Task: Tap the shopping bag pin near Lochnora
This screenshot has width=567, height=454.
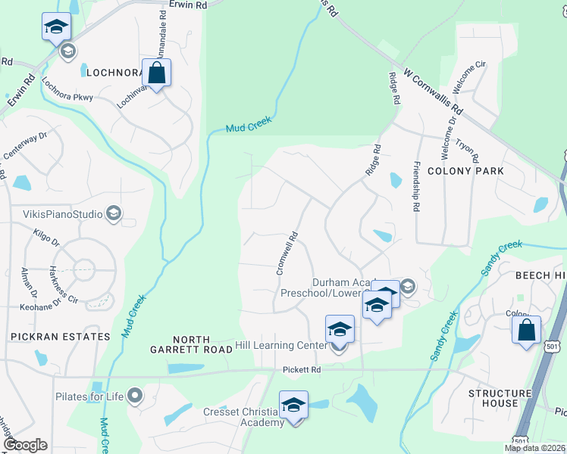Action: tap(156, 73)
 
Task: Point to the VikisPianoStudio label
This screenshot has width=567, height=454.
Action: tap(57, 214)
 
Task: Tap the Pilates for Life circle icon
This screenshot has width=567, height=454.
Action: tap(135, 396)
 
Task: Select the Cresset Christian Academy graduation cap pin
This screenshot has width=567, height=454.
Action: tap(293, 405)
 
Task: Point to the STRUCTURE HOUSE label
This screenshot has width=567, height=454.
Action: tap(500, 399)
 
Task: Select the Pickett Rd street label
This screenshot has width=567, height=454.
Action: tap(304, 370)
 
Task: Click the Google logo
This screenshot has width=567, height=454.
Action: tap(25, 445)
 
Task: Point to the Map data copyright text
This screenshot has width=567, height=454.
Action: tap(534, 447)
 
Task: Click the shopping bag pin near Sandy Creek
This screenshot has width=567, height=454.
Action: tap(526, 331)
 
